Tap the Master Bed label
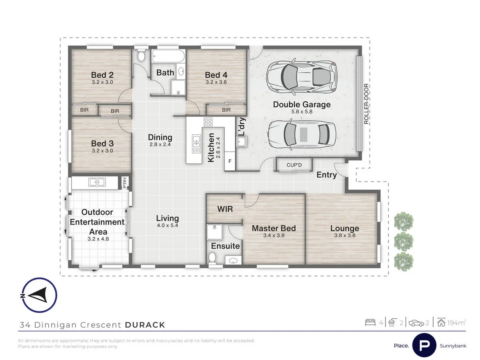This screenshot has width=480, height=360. click(274, 228)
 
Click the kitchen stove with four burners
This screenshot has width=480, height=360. click(208, 122)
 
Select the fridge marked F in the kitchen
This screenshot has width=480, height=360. click(230, 162)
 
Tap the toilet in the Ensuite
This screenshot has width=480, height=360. click(212, 258)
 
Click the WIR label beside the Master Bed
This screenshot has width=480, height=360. click(225, 209)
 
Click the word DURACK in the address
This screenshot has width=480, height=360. click(145, 325)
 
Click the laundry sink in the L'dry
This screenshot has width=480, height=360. click(242, 142)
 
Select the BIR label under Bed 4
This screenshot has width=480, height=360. click(226, 110)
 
